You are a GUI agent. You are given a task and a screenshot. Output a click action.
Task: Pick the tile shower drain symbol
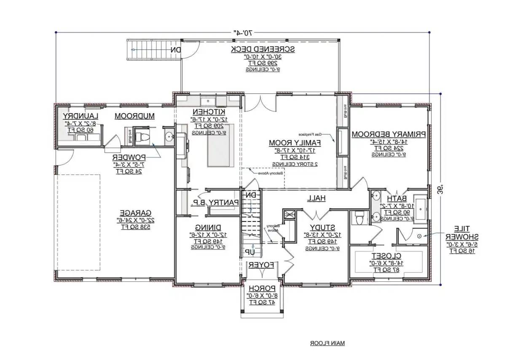[419, 236]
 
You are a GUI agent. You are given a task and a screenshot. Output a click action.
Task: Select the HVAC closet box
[290, 214]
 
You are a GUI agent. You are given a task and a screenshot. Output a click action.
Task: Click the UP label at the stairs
[249, 251]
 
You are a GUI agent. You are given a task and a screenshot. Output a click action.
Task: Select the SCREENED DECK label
[263, 49]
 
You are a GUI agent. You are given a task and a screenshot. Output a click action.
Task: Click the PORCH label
[262, 288]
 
